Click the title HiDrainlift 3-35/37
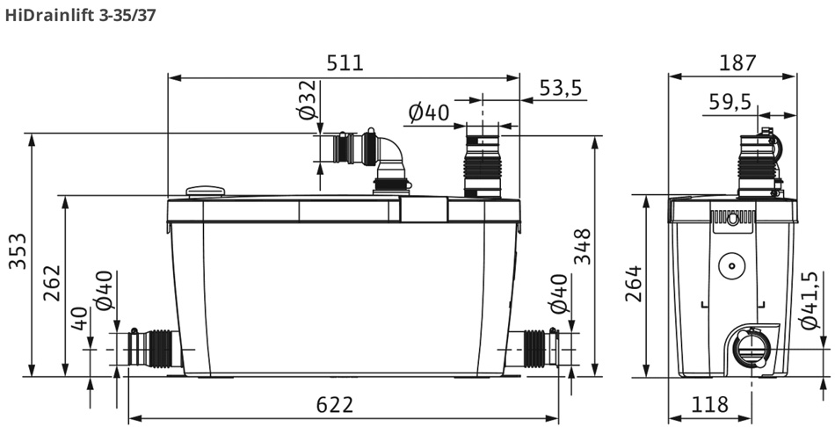tap(80, 15)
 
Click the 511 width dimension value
tap(345, 63)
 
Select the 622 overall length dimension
tap(334, 405)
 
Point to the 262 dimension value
tap(52, 283)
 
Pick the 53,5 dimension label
tap(561, 87)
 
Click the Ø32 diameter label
tap(308, 99)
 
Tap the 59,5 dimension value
tap(730, 101)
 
